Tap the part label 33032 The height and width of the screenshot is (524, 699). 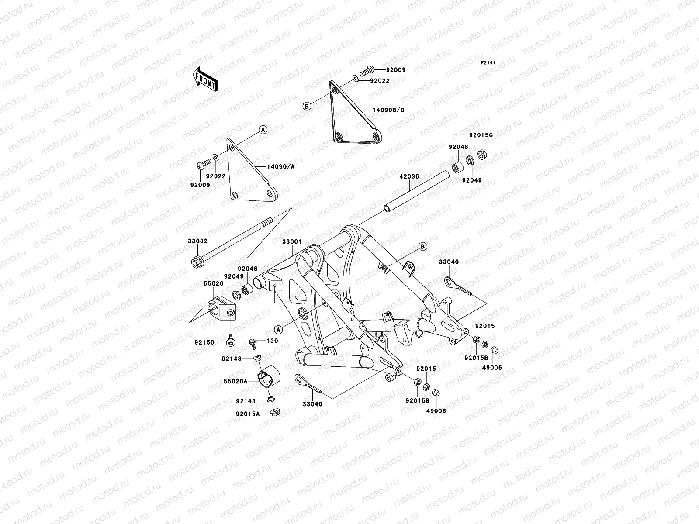(x=198, y=241)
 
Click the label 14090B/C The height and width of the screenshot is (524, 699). (x=388, y=110)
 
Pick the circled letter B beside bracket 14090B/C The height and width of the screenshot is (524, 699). (x=307, y=106)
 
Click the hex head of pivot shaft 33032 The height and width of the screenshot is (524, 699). (x=195, y=263)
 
